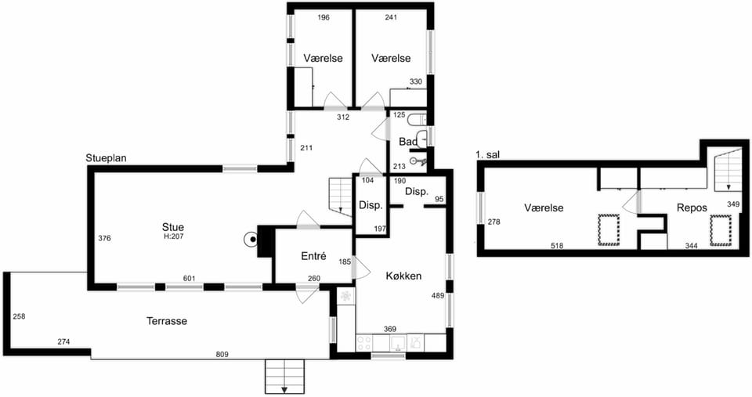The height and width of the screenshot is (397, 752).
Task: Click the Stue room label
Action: click(172, 227)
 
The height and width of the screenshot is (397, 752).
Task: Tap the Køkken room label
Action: click(404, 276)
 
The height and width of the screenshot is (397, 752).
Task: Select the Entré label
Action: click(313, 256)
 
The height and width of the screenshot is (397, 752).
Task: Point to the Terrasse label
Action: click(167, 321)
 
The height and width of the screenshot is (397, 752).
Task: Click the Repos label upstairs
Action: click(692, 208)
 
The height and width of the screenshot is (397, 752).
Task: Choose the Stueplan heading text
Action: click(106, 157)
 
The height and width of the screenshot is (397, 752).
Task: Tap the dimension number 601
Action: click(190, 279)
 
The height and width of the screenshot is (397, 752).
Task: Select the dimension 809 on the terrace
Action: click(222, 355)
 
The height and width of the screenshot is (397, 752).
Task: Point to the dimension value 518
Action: click(557, 246)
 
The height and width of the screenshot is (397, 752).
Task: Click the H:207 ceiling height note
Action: click(172, 236)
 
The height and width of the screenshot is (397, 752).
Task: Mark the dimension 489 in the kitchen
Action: click(438, 296)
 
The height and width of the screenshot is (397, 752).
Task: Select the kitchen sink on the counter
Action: click(398, 342)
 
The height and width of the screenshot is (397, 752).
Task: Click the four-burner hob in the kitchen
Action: click(364, 342)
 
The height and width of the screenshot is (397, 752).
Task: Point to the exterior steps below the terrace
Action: click(285, 377)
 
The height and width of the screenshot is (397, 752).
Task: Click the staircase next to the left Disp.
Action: click(341, 195)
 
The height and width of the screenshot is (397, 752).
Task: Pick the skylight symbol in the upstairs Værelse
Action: click(608, 231)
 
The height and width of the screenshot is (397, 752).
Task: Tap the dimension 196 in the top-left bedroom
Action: click(324, 18)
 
